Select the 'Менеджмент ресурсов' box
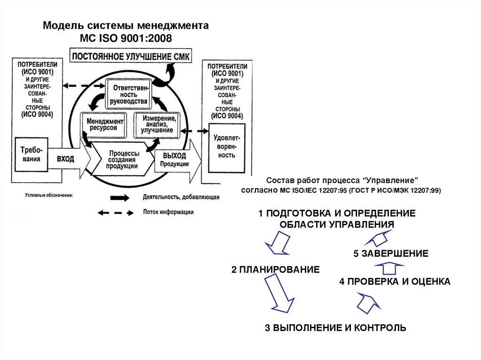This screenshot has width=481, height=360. (105, 124)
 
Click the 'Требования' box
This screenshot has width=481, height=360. (31, 154)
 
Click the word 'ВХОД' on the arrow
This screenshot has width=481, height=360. (65, 159)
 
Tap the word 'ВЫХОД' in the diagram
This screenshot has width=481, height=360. (174, 155)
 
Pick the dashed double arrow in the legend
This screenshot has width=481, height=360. (116, 213)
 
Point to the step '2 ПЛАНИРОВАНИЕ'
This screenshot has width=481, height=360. (275, 269)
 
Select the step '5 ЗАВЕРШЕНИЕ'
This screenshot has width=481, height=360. (391, 254)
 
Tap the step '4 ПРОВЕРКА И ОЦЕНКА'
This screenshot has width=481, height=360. (395, 282)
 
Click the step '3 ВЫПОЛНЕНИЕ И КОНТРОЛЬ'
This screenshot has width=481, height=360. (335, 328)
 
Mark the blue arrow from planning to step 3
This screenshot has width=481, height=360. (279, 293)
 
